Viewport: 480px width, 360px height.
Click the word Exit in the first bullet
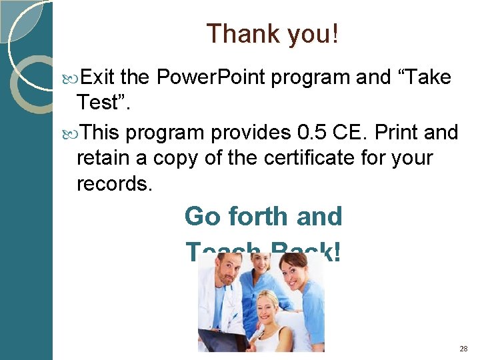(x=97, y=78)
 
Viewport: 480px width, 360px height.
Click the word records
(x=115, y=183)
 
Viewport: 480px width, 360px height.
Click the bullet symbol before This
(x=73, y=133)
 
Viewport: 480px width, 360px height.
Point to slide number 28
(x=463, y=349)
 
